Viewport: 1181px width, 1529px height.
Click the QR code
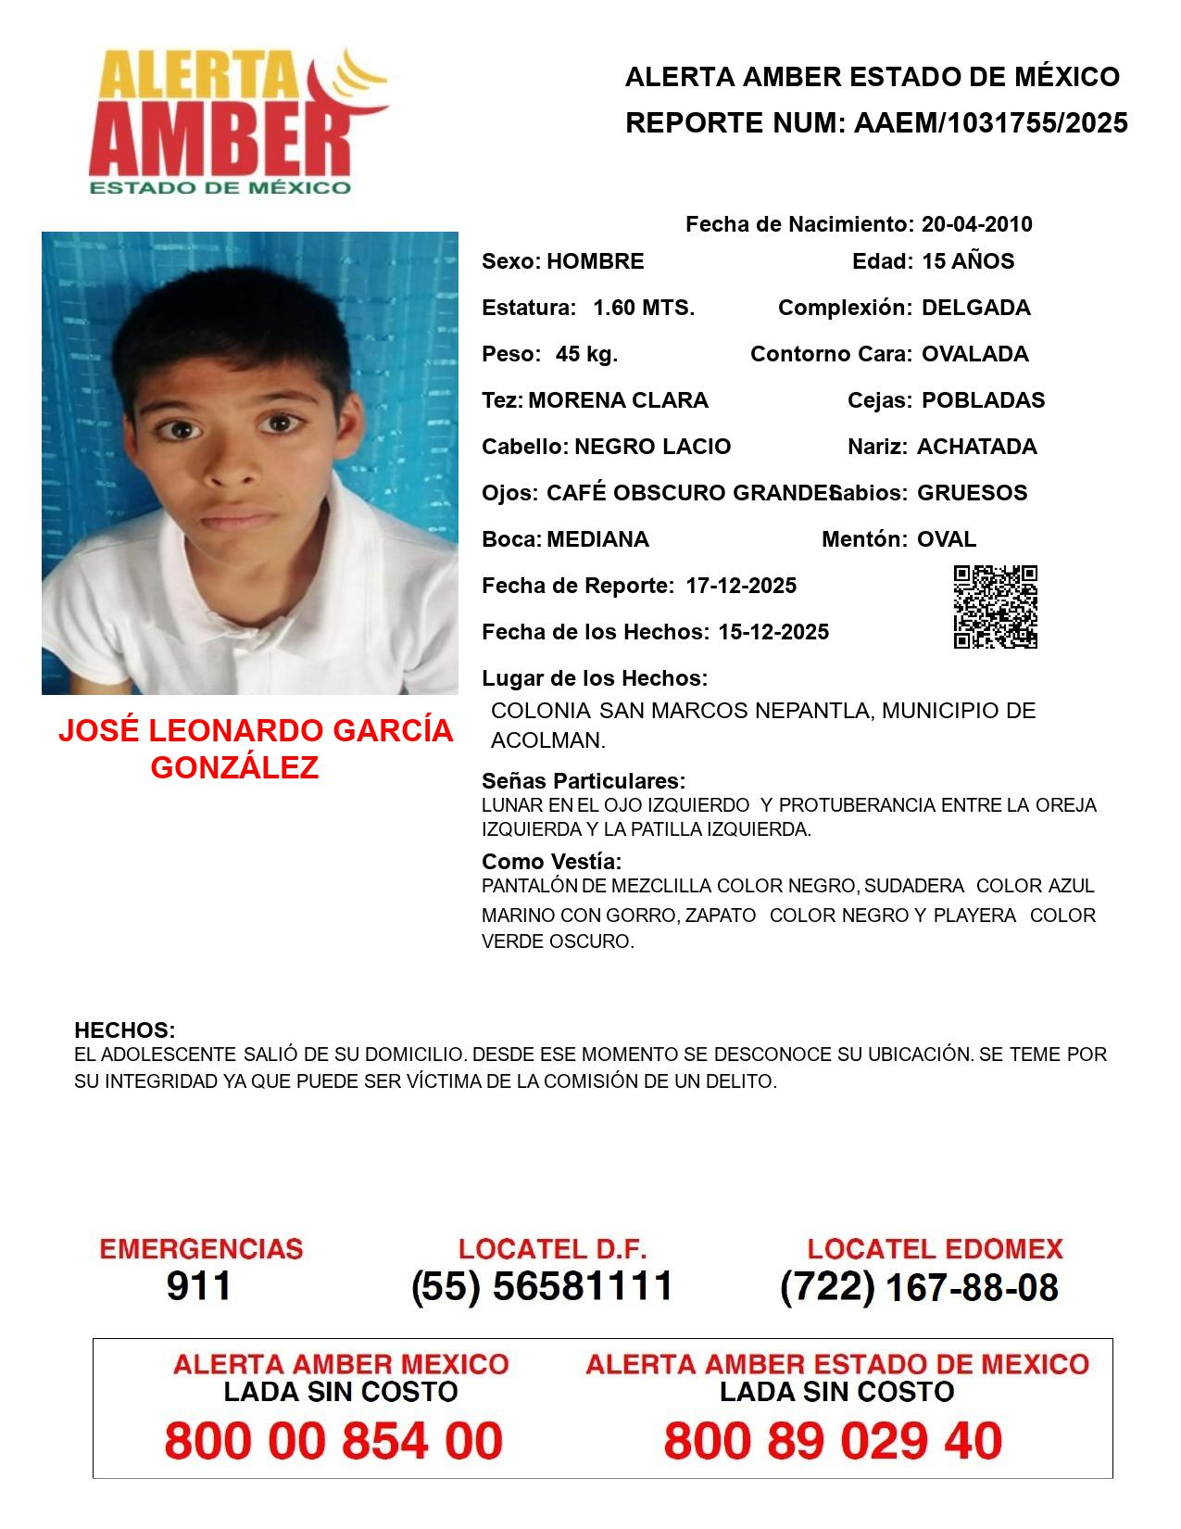pyautogui.click(x=995, y=607)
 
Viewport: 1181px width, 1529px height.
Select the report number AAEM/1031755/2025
pyautogui.click(x=990, y=122)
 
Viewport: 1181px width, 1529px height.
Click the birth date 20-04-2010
pyautogui.click(x=976, y=224)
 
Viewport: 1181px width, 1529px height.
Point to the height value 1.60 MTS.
pyautogui.click(x=644, y=308)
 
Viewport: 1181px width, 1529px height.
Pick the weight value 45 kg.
pyautogui.click(x=586, y=354)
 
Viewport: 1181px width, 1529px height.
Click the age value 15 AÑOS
pyautogui.click(x=968, y=261)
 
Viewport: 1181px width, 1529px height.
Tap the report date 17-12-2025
pyautogui.click(x=741, y=586)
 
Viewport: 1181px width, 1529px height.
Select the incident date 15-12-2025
pyautogui.click(x=773, y=632)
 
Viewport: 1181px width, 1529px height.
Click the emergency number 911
pyautogui.click(x=199, y=1286)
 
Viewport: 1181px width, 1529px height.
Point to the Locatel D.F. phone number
pyautogui.click(x=542, y=1286)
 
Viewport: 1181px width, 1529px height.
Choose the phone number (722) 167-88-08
pyautogui.click(x=919, y=1287)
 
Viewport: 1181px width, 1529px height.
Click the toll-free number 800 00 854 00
pyautogui.click(x=333, y=1441)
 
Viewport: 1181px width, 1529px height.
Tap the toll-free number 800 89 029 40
pyautogui.click(x=833, y=1441)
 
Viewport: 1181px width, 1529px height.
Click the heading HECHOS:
pyautogui.click(x=124, y=1030)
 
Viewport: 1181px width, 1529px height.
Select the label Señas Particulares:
pyautogui.click(x=584, y=780)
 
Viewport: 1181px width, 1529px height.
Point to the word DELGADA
pyautogui.click(x=975, y=308)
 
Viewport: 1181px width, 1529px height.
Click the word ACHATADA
pyautogui.click(x=976, y=447)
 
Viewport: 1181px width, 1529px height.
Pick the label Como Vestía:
pyautogui.click(x=551, y=862)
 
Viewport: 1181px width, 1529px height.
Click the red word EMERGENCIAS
pyautogui.click(x=201, y=1249)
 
